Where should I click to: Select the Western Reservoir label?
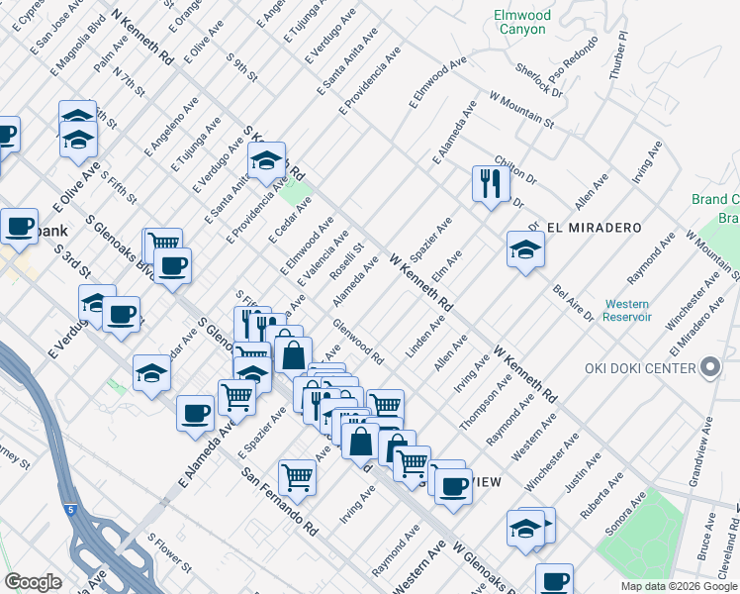pos(628,310)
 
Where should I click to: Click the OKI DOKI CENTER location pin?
pos(709,369)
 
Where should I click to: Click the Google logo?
pos(33,582)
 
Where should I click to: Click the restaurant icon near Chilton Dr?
pos(490,183)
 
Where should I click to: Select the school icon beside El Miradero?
pos(525,249)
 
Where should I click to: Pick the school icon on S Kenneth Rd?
pos(266,161)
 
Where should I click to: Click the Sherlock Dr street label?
pos(539,80)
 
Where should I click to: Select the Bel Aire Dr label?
pos(574,303)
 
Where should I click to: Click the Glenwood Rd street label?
pos(358,340)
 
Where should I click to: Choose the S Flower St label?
pos(169,553)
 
